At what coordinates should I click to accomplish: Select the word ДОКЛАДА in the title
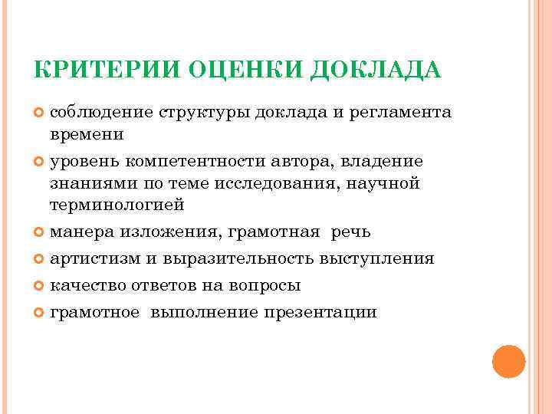377,71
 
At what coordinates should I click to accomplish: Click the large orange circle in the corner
508,361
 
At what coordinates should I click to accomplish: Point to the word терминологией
117,205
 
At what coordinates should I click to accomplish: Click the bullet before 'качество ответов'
40,286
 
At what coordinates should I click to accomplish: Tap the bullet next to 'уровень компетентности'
40,163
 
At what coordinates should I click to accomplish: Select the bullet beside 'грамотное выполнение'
40,313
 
